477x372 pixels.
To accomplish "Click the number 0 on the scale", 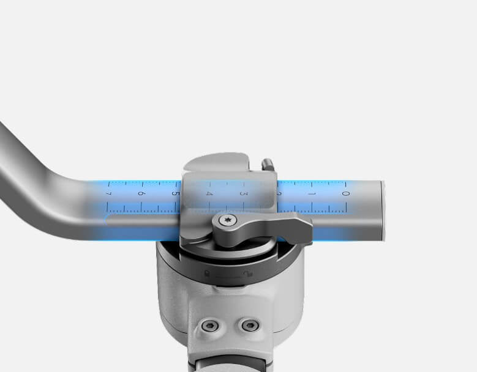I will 345,194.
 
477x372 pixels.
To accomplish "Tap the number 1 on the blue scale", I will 312,194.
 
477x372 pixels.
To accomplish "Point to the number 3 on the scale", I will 244,194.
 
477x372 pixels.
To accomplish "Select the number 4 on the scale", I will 209,194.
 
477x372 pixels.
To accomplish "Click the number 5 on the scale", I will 176,194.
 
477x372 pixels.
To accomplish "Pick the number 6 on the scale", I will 141,194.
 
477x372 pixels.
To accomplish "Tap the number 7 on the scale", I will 108,194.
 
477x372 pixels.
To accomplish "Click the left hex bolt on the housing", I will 209,325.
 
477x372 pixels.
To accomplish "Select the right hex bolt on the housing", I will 250,325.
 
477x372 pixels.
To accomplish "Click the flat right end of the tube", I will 383,210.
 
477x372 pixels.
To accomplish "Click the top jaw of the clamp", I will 217,163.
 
